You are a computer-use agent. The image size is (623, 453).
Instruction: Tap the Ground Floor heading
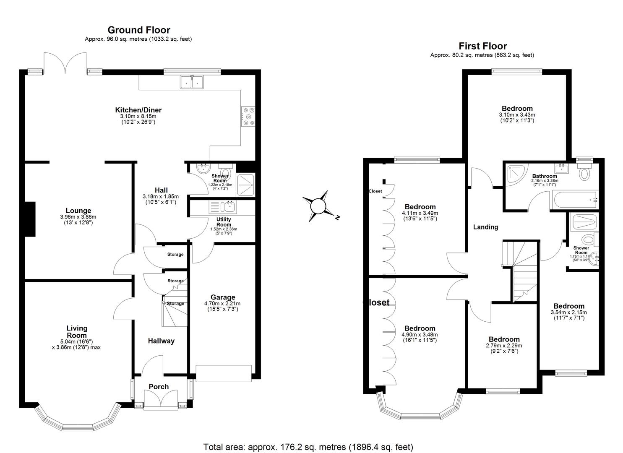[x=139, y=30]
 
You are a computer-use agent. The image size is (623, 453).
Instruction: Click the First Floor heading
[x=482, y=46]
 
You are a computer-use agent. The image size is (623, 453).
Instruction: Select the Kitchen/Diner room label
[x=138, y=110]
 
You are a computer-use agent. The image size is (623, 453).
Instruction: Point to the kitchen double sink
[x=192, y=82]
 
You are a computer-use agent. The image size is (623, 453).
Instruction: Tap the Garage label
[x=222, y=297]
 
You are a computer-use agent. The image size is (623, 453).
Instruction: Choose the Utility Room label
[x=224, y=222]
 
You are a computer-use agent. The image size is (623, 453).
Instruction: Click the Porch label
[x=159, y=387]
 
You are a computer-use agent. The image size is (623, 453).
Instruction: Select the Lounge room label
[x=78, y=211]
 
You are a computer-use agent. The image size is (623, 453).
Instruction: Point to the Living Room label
[x=77, y=331]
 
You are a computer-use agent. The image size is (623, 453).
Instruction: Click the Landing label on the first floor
[x=485, y=227]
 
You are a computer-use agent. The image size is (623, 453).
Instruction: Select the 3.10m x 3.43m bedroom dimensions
[x=517, y=115]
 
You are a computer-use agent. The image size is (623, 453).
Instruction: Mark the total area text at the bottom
[x=308, y=447]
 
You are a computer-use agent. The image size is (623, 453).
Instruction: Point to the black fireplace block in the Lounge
[x=30, y=219]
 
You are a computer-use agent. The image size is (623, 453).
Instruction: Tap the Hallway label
[x=161, y=341]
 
